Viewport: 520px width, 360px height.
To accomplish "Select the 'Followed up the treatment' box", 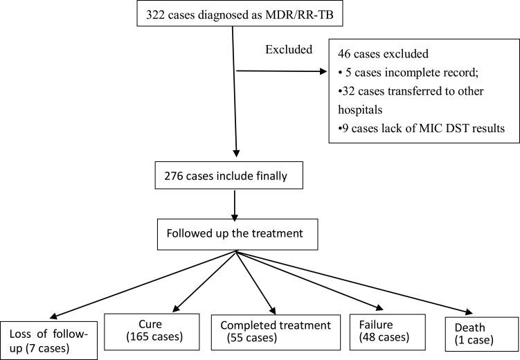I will [237, 231].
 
